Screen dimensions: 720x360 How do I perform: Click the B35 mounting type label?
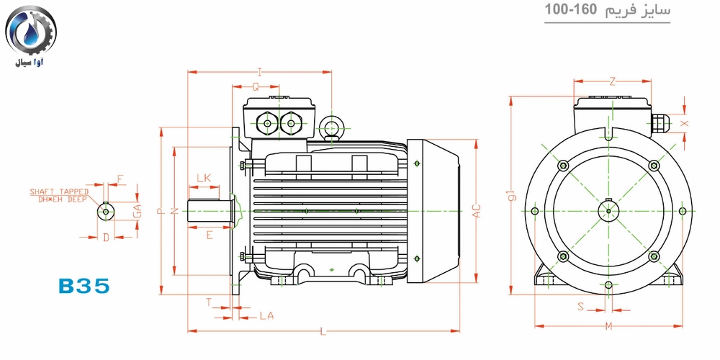point(84,286)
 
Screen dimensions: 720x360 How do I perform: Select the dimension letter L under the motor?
point(323,331)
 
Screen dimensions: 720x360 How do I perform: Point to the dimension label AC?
point(477,211)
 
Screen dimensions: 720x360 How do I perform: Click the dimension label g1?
point(513,195)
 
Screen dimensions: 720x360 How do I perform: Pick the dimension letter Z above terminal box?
point(612,82)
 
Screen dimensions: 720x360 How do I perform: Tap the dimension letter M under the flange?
point(608,326)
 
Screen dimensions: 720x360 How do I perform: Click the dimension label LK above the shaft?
point(204,178)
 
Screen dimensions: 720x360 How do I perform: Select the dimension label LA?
point(266,316)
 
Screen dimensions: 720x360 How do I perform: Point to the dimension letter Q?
point(256,87)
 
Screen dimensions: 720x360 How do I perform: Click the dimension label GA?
point(136,211)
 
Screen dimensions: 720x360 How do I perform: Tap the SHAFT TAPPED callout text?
point(59,195)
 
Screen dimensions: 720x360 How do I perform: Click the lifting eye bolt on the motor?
point(330,125)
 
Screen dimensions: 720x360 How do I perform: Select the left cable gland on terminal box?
point(267,122)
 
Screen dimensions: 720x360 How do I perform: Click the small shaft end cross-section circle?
point(106,211)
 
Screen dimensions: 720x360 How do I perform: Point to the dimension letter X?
point(685,123)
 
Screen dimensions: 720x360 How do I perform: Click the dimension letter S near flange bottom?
point(580,306)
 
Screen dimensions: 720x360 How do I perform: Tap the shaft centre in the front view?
point(608,211)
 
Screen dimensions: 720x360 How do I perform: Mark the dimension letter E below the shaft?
point(210,235)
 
